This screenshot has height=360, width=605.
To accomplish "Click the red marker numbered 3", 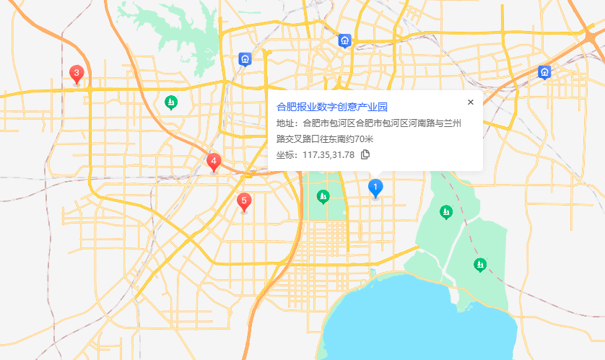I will tap(76, 74).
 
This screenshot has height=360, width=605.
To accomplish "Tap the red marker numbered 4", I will tap(213, 162).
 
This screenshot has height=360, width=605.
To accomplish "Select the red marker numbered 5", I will tap(244, 201).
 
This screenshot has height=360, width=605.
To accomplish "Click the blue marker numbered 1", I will tap(375, 187).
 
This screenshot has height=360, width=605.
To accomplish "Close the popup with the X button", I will tap(471, 102).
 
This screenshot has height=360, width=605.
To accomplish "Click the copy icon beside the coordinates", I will tap(365, 154).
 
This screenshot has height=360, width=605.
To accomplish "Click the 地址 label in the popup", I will tap(287, 123).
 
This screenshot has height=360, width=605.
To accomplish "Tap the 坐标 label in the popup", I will tap(287, 154).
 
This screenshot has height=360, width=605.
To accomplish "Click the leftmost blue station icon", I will tap(245, 58).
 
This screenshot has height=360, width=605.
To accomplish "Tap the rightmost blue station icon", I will tap(544, 71).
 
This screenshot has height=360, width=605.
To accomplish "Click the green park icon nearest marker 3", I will tap(171, 102).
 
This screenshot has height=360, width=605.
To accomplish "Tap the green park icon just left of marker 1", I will tap(323, 196).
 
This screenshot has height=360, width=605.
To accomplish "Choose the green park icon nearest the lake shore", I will tap(479, 265).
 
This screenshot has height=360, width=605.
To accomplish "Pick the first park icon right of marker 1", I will tap(446, 211).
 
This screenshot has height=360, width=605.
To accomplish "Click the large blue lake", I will tap(419, 317).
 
